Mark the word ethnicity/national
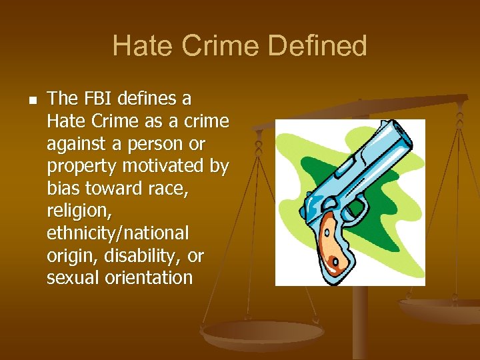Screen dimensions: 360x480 [x=118, y=233]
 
